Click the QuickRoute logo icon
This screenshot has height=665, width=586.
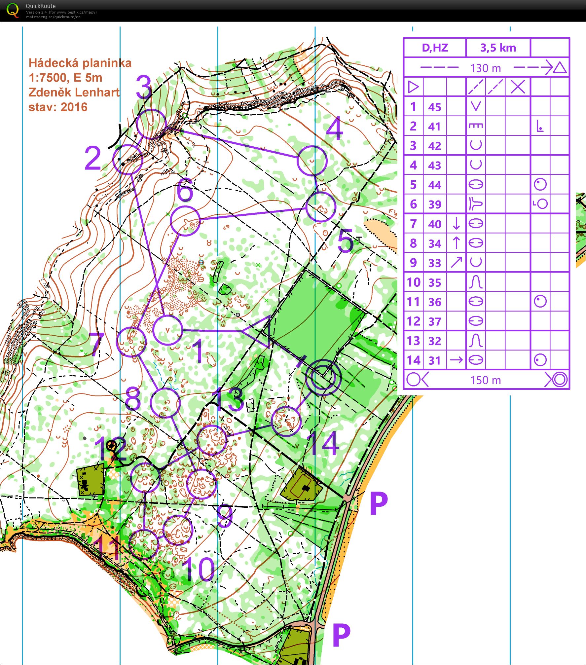[13, 11]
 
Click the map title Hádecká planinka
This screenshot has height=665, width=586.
[80, 63]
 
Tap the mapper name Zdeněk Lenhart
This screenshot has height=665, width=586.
[74, 92]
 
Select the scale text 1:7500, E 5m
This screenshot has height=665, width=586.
[65, 78]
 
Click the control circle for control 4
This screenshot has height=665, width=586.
[312, 161]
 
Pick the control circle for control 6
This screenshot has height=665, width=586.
[185, 221]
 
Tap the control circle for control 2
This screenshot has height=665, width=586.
[128, 160]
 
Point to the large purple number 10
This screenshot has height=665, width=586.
[198, 569]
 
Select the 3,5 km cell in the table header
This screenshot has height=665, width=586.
[498, 48]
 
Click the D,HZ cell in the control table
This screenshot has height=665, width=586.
[435, 48]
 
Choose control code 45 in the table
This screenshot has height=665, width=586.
[434, 107]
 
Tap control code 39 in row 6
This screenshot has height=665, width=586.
[434, 204]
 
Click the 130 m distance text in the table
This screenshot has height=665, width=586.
[486, 68]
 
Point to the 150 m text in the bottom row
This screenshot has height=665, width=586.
[486, 380]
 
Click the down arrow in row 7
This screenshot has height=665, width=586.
[456, 224]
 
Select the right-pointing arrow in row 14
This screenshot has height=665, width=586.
[456, 360]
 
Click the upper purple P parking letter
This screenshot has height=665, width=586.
[378, 504]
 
